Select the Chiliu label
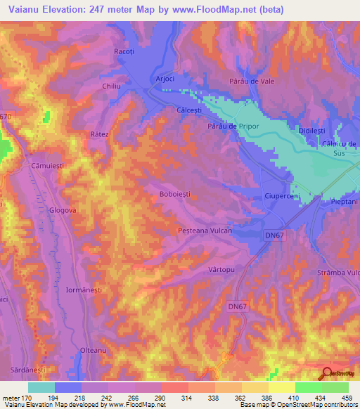(x=112, y=86)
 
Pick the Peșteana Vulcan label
(x=205, y=230)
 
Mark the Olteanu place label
(x=94, y=350)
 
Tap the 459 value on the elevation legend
(x=335, y=398)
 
